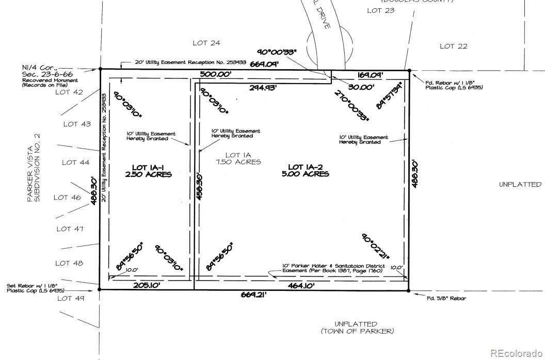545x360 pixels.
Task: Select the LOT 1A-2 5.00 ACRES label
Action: click(x=309, y=170)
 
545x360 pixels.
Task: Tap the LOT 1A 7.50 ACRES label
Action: click(x=238, y=158)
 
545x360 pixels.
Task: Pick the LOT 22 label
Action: click(x=453, y=46)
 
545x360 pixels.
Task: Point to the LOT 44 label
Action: click(x=76, y=162)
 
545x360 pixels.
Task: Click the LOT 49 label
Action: click(x=71, y=298)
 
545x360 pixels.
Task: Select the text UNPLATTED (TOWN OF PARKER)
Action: click(x=357, y=327)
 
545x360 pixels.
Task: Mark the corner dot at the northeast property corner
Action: click(x=409, y=70)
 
